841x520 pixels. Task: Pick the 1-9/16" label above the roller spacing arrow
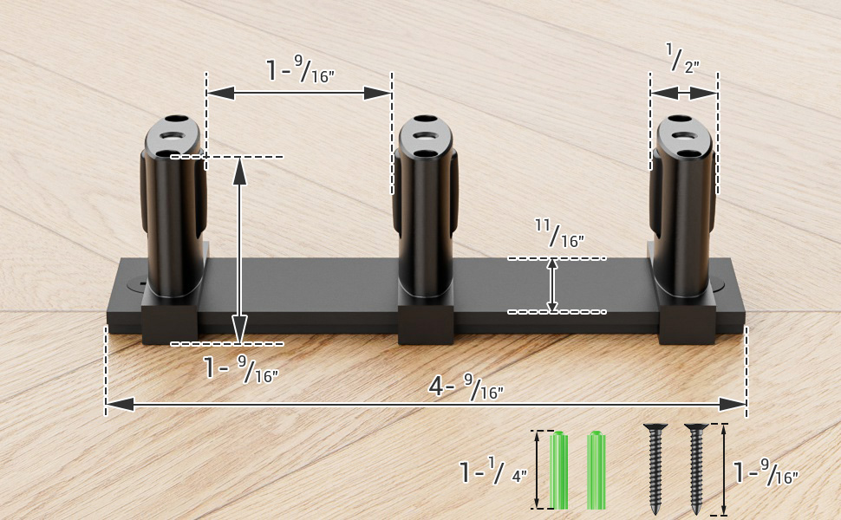pos(300,70)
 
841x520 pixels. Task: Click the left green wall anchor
pos(560,470)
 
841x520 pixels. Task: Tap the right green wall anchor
pos(597,470)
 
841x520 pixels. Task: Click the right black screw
pos(695,468)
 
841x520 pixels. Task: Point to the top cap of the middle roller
pos(425,136)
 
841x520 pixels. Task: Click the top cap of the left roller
pos(173,136)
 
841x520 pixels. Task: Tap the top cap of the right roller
pos(684,136)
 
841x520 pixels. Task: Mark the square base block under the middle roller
pos(426,322)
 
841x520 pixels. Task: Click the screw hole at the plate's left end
pos(137,283)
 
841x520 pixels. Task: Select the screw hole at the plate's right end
pos(721,283)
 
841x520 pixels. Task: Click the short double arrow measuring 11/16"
pos(553,285)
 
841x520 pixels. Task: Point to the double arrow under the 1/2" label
pos(684,93)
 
